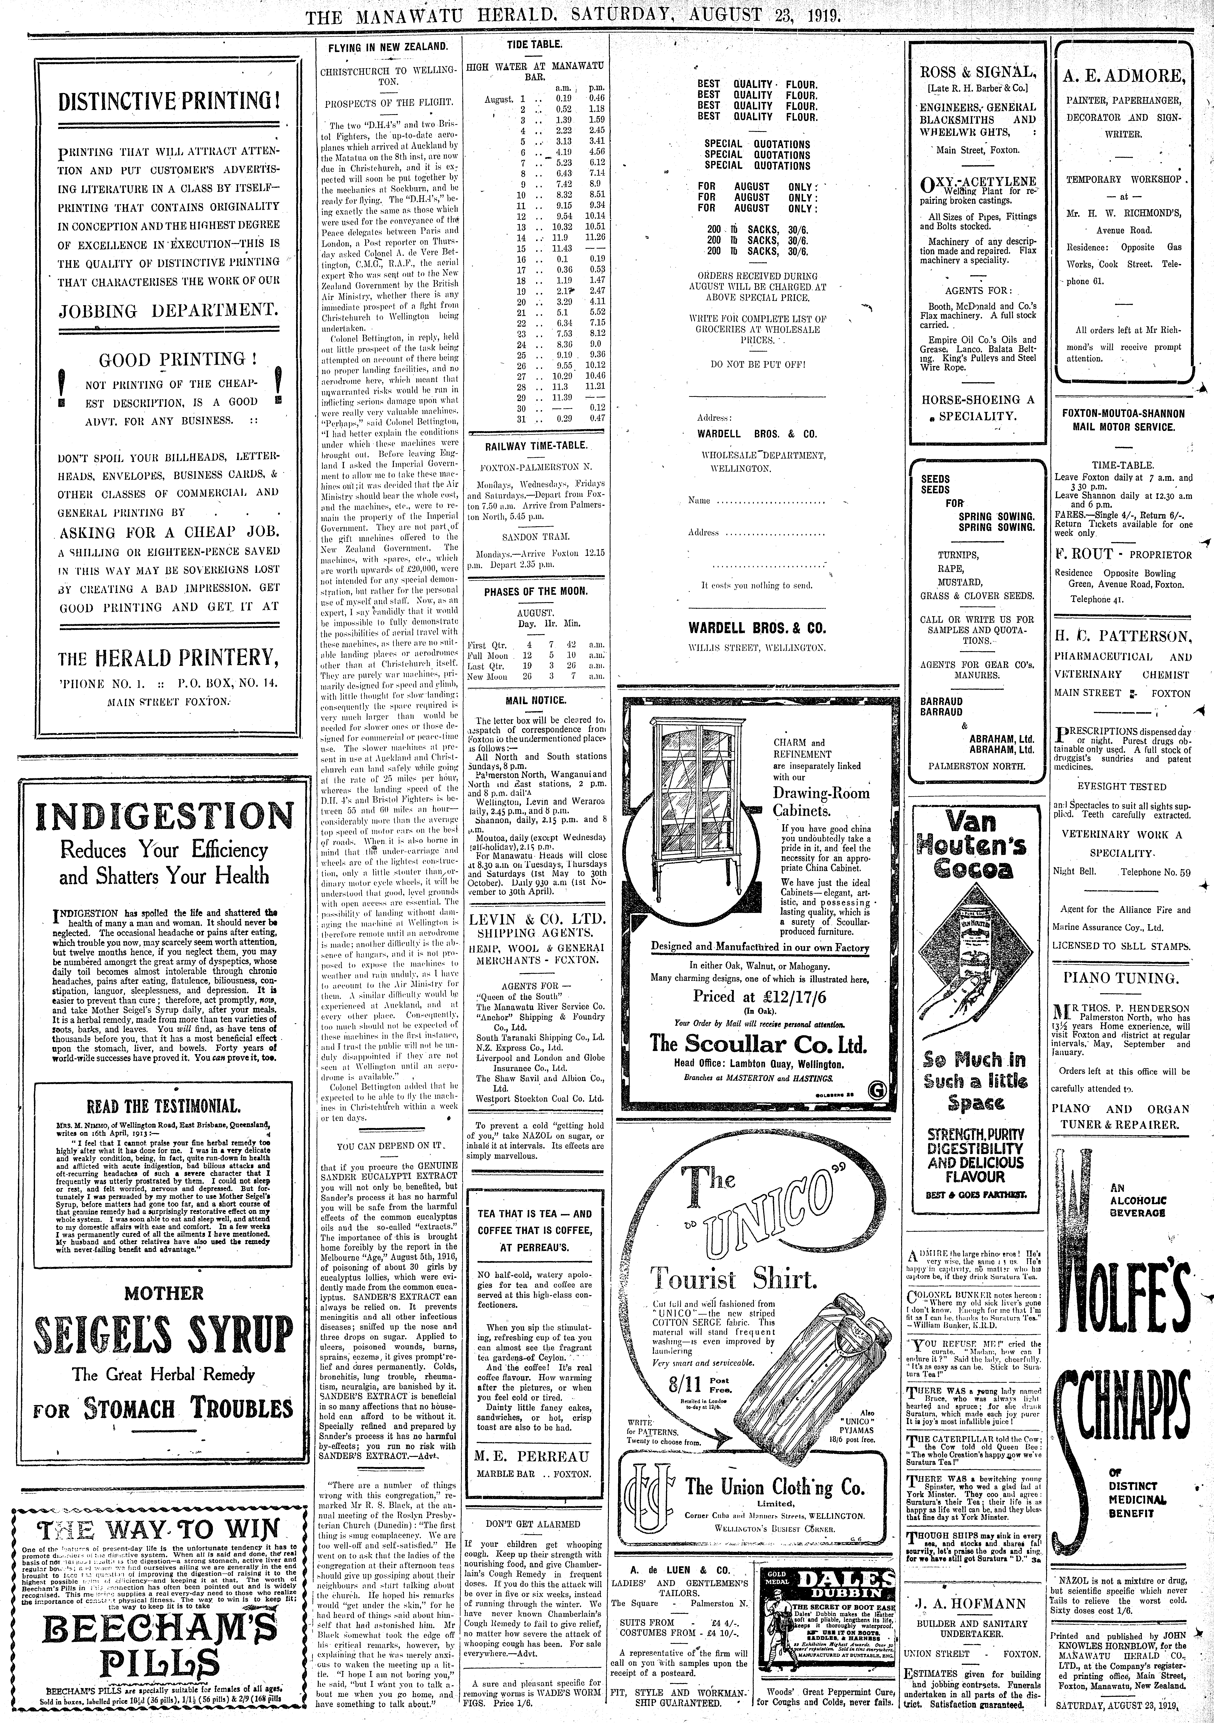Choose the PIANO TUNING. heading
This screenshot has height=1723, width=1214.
point(1121,978)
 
